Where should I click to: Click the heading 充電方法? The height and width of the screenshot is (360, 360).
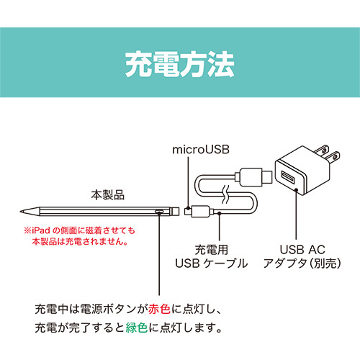coord(180,65)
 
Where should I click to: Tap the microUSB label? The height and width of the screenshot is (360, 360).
coord(201,150)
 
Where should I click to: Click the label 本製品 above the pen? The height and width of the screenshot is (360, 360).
coord(108,195)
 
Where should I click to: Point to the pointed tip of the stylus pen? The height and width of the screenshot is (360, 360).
coord(21,212)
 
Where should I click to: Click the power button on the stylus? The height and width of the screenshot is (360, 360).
coord(159,212)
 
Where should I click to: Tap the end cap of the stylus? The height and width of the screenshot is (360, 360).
coord(175,211)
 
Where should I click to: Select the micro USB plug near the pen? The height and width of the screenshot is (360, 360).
coord(188,212)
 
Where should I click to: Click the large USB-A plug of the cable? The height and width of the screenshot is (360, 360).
coord(253,176)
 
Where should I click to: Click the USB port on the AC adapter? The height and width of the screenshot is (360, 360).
coord(288,177)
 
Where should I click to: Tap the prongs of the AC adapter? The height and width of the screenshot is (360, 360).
coord(328,154)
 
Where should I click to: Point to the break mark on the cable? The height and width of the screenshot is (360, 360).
coord(226,194)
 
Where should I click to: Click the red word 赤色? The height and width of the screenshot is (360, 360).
coord(159,309)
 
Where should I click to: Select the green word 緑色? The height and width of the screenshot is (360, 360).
coord(137,328)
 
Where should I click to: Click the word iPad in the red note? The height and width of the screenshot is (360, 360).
coord(41,230)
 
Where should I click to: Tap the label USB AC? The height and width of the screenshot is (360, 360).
coord(302,250)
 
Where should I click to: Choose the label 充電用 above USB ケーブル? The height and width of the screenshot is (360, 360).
coord(211,250)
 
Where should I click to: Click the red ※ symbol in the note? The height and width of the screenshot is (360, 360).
coord(27,230)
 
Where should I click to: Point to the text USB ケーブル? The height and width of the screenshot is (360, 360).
coord(211,264)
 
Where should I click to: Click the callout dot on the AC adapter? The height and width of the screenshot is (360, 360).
coord(297,190)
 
